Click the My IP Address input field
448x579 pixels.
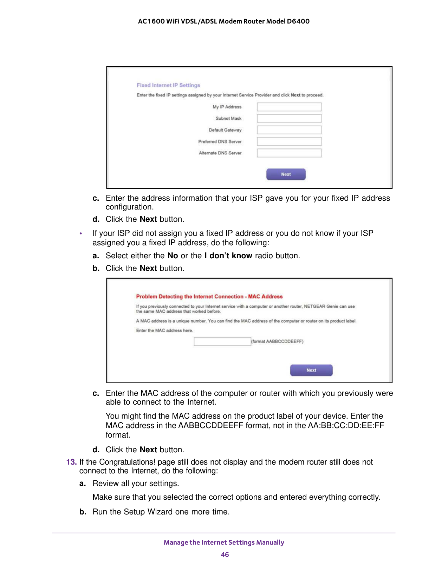click(x=289, y=107)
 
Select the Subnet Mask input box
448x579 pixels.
click(x=289, y=118)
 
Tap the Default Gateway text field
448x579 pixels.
click(x=289, y=130)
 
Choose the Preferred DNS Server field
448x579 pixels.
click(x=289, y=141)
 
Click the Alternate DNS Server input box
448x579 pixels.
click(x=289, y=153)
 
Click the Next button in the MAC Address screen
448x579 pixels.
click(x=311, y=370)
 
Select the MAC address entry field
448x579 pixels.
click(x=222, y=341)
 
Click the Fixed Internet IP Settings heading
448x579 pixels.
click(x=168, y=85)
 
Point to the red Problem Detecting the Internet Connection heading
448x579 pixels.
click(x=209, y=297)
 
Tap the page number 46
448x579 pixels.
click(x=225, y=554)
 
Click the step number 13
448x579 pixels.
click(x=71, y=462)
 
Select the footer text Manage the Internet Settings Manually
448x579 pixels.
click(x=224, y=543)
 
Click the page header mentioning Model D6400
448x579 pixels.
click(x=224, y=21)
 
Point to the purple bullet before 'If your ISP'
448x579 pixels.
click(x=81, y=234)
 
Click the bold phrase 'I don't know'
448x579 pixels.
click(x=228, y=256)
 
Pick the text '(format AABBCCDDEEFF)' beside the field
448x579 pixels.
click(x=277, y=341)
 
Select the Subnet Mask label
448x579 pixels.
click(x=228, y=119)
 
